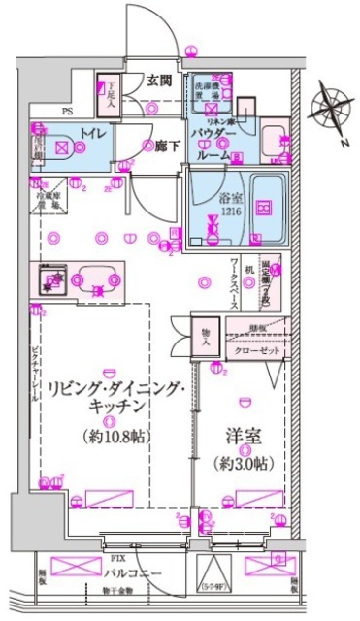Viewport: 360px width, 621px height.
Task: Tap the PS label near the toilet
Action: click(x=67, y=112)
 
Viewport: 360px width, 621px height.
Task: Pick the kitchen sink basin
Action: click(x=95, y=279)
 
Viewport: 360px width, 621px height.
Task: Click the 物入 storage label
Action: click(x=206, y=335)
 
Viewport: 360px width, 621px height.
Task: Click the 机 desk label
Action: click(x=249, y=269)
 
